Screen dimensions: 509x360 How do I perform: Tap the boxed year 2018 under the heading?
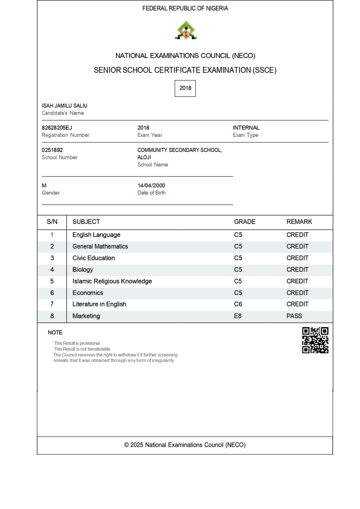(x=185, y=88)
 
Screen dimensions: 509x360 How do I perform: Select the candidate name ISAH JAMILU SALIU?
(x=65, y=106)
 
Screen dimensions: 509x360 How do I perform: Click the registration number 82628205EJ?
(x=57, y=128)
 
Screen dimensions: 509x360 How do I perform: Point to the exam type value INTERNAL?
(x=246, y=128)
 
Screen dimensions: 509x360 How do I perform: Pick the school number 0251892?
(x=52, y=150)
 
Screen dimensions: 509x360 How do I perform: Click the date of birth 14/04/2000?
(x=151, y=186)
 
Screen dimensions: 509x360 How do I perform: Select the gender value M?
(x=44, y=186)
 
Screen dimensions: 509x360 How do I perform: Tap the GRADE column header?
(x=244, y=222)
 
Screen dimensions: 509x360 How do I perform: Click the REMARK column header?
(x=299, y=222)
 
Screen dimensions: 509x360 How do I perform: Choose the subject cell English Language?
(x=97, y=235)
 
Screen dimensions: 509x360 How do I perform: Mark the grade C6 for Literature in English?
(x=238, y=304)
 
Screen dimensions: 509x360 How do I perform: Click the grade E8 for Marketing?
(x=238, y=316)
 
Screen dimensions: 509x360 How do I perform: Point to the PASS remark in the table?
(x=294, y=316)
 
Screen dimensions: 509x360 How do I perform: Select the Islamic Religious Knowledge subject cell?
(x=112, y=281)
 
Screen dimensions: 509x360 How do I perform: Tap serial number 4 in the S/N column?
(x=52, y=270)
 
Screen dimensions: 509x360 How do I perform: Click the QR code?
(x=315, y=340)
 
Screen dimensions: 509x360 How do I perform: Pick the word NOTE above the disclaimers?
(x=55, y=333)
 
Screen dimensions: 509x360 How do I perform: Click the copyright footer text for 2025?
(x=185, y=445)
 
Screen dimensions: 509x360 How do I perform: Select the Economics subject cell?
(x=88, y=293)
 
